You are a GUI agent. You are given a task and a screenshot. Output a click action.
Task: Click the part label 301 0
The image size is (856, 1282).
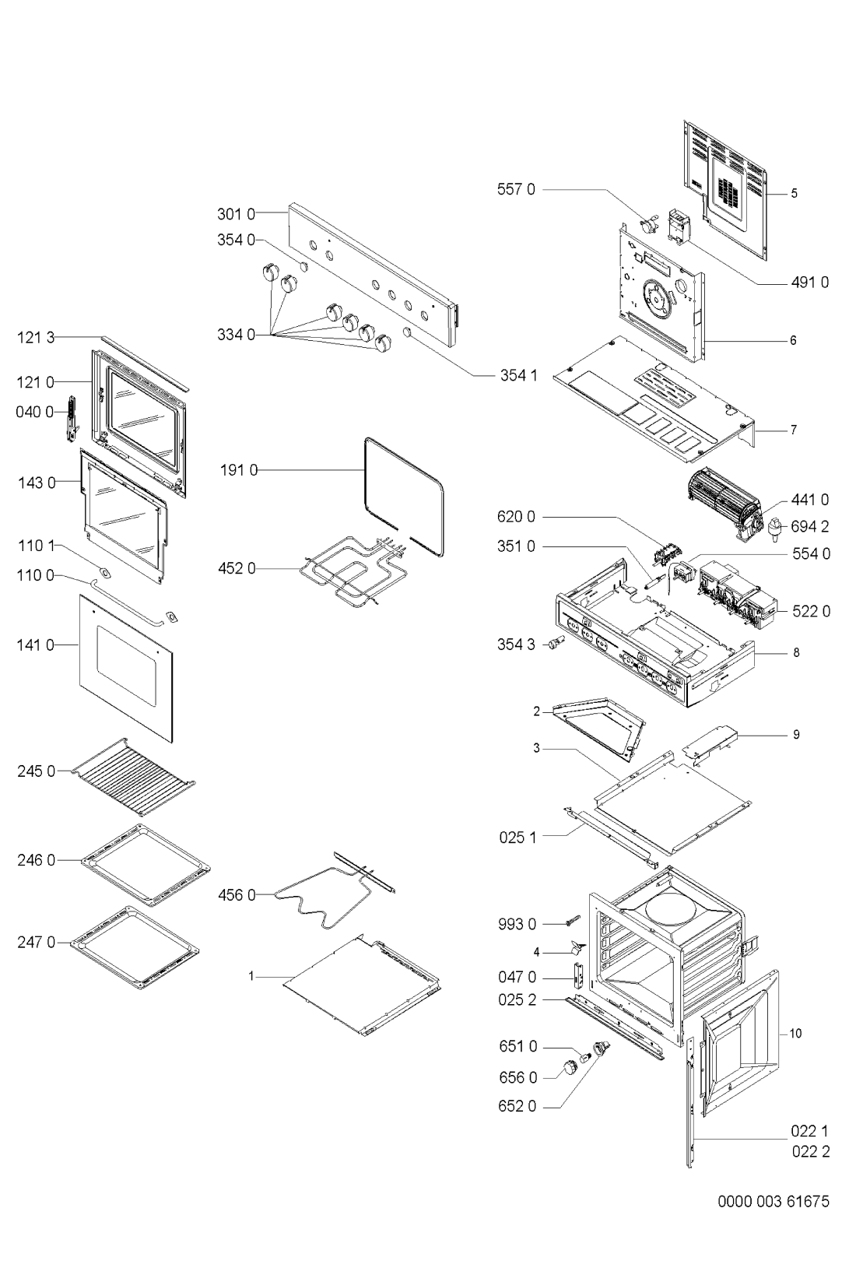(237, 214)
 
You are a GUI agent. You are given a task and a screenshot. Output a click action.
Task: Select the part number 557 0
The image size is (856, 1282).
(516, 189)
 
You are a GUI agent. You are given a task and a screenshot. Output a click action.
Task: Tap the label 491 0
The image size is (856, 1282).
(809, 282)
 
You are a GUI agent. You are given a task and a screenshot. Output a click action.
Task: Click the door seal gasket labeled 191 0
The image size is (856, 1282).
(404, 497)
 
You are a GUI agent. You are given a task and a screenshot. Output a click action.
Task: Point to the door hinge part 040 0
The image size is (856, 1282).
(72, 419)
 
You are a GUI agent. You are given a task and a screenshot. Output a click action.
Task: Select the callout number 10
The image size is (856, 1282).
(795, 1034)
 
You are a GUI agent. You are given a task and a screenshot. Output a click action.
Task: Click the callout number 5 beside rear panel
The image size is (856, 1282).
(795, 194)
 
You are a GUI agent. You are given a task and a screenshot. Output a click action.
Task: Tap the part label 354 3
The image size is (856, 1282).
(516, 645)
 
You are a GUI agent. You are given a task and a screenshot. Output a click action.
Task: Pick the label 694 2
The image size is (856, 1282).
(809, 526)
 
